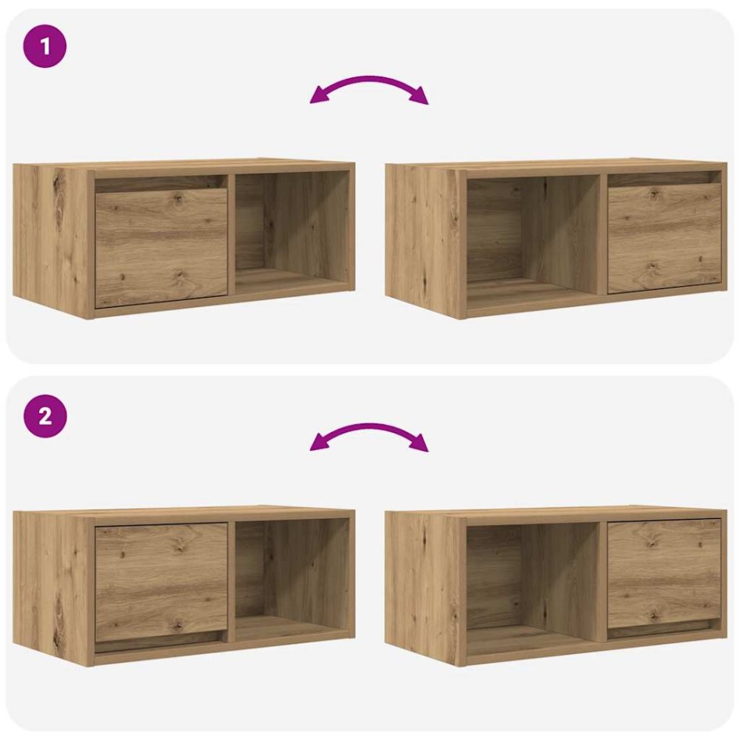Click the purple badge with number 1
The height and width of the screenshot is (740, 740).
click(x=45, y=47)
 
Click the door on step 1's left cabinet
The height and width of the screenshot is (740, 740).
click(x=162, y=246)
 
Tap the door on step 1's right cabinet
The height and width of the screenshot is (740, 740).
click(x=664, y=238)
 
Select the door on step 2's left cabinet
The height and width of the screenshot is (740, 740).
click(x=162, y=581)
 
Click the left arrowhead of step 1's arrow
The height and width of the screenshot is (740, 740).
click(x=317, y=97)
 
